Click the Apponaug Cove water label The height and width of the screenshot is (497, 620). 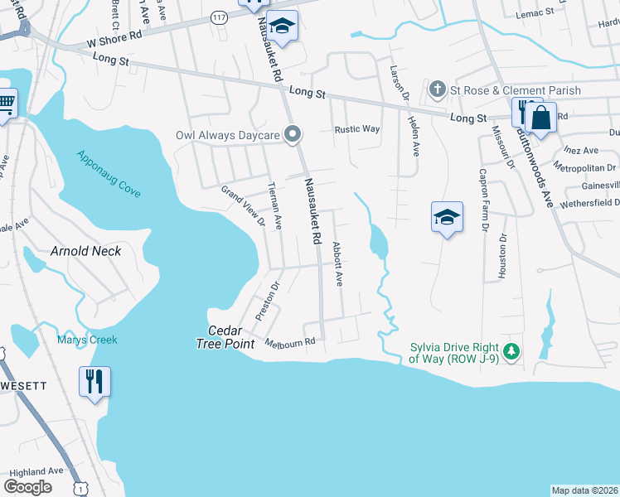click(x=108, y=173)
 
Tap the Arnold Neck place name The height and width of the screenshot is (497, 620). click(x=85, y=251)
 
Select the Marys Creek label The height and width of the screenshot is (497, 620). click(x=87, y=340)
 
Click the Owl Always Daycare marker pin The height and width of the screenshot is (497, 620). click(x=292, y=134)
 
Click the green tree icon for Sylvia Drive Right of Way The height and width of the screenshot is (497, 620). click(x=511, y=353)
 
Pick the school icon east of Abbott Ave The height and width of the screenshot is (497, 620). click(x=447, y=217)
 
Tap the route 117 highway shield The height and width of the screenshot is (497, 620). click(x=218, y=17)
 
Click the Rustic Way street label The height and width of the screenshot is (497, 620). click(x=356, y=129)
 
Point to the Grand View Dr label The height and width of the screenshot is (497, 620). click(x=241, y=205)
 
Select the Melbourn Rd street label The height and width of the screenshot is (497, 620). click(x=290, y=341)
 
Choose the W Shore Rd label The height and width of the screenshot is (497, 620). click(x=114, y=41)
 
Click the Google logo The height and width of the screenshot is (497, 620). click(x=28, y=487)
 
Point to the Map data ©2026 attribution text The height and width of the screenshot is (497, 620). click(x=584, y=490)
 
